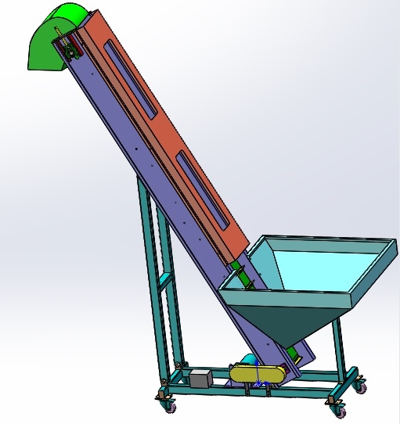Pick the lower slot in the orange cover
coord(203,189)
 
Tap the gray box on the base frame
coord(200,379)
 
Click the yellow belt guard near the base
coord(257,375)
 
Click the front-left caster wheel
coord(168,405)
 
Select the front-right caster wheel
coord(337,407)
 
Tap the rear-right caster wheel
coord(360,386)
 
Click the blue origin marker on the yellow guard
coord(258,382)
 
